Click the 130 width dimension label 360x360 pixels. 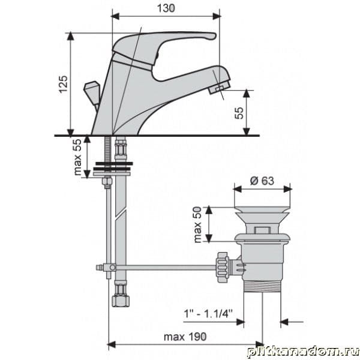coord(166,8)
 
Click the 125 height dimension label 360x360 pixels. coord(64,84)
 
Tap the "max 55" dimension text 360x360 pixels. coord(77,157)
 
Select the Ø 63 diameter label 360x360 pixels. coord(262,181)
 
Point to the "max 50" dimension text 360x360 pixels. coord(197,224)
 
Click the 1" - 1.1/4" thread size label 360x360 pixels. coord(208,314)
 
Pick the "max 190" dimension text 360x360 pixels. coord(185,337)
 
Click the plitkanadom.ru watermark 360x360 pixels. coord(303,352)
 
